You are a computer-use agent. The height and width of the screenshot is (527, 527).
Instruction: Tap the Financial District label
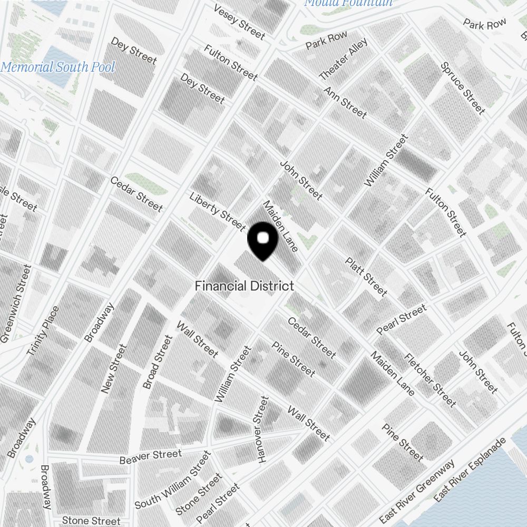[x=244, y=286]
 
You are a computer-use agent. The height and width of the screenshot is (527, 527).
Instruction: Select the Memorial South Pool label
[x=57, y=67]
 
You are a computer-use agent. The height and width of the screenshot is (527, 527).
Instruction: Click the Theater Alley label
[x=343, y=60]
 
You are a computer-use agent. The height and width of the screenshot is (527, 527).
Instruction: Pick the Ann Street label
[x=345, y=102]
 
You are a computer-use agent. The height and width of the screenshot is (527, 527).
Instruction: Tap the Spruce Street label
[x=463, y=88]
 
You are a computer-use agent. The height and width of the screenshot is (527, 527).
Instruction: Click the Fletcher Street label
[x=430, y=379]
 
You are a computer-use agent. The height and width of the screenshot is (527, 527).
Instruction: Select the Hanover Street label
[x=262, y=430]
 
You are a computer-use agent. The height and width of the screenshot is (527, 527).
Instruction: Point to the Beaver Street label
[x=150, y=456]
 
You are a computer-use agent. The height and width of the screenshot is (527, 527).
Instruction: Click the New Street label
[x=114, y=369]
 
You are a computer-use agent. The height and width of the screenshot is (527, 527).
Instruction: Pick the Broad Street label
[x=158, y=363]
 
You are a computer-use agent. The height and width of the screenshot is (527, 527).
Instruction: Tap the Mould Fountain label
[x=349, y=3]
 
